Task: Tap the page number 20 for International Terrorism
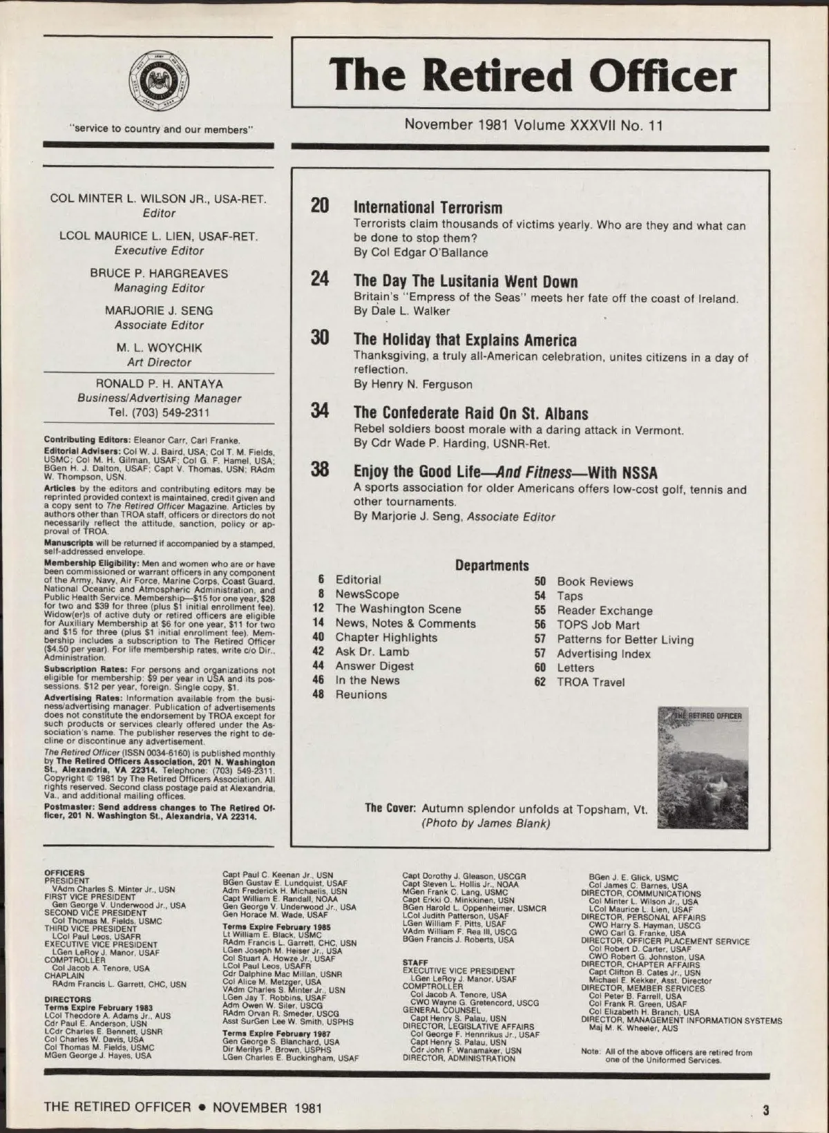pos(320,206)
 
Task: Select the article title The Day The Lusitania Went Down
pos(465,281)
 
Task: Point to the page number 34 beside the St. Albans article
pos(320,412)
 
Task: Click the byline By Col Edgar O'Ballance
pos(421,253)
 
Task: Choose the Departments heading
pos(492,565)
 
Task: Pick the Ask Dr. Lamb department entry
pos(372,651)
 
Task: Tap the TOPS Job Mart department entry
pos(598,625)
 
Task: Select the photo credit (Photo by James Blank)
pos(486,823)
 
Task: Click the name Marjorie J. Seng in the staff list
pos(159,311)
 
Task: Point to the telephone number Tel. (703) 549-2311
pos(159,413)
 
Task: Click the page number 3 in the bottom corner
pos(765,1111)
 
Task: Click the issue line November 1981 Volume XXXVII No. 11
pos(533,125)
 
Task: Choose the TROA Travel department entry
pos(591,682)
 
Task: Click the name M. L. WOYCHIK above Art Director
pos(159,347)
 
